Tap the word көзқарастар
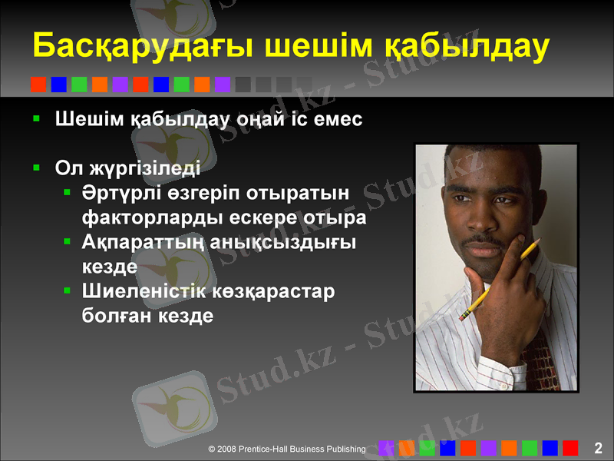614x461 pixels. pyautogui.click(x=281, y=291)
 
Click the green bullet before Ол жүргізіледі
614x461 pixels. pyautogui.click(x=37, y=166)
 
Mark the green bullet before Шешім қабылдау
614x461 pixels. pyautogui.click(x=37, y=120)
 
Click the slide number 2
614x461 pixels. pyautogui.click(x=598, y=448)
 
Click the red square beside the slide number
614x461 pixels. pyautogui.click(x=570, y=448)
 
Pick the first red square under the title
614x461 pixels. pyautogui.click(x=38, y=84)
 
